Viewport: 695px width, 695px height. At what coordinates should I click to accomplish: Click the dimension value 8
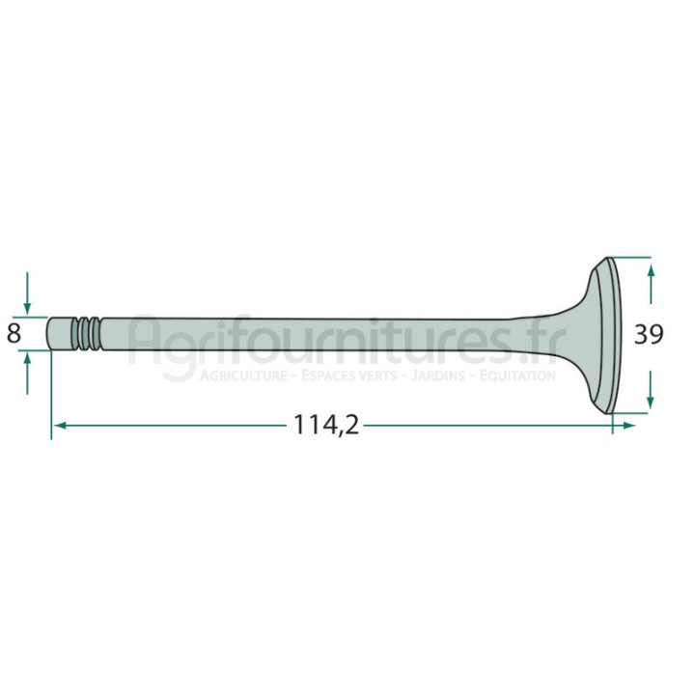14,333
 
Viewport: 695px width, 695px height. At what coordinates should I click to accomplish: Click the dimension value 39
649,334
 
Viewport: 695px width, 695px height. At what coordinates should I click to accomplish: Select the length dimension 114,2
326,425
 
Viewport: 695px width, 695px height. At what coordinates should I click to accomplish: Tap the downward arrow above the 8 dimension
27,293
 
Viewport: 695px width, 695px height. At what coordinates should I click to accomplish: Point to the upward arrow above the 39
651,284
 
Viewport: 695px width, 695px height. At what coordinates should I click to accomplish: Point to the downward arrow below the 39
651,389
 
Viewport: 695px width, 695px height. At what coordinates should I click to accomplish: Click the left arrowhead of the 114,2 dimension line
60,426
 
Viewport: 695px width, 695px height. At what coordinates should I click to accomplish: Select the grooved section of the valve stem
88,333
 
